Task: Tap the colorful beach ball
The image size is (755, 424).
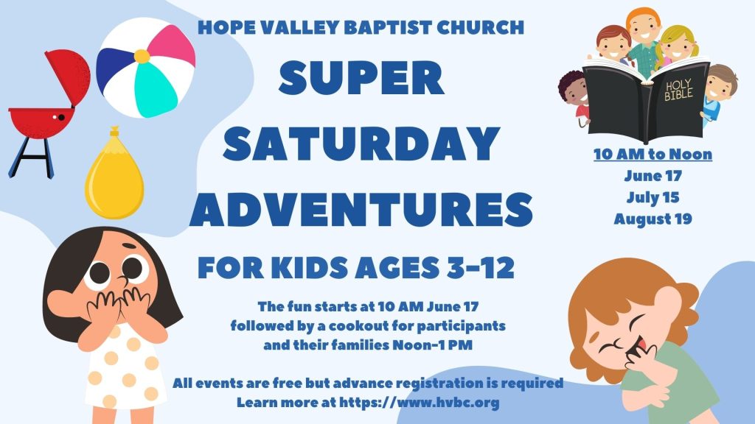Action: (146, 68)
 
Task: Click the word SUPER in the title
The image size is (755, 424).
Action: (361, 78)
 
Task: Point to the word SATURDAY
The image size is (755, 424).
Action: (361, 144)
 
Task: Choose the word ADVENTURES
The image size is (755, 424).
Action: (361, 209)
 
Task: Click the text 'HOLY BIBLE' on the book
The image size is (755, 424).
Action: (678, 90)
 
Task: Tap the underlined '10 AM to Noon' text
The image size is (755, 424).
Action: (653, 155)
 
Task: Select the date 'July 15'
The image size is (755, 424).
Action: (653, 197)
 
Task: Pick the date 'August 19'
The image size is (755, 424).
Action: (653, 219)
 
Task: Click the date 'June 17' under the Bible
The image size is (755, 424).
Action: (653, 176)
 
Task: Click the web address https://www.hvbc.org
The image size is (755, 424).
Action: (419, 403)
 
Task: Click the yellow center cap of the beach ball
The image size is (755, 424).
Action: (142, 56)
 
